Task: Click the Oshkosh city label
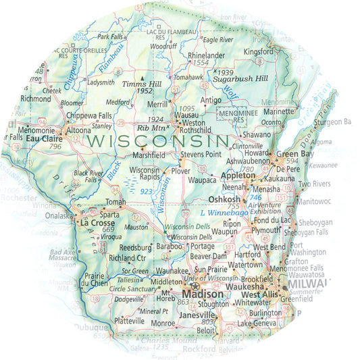tap(223, 200)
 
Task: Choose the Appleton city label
tap(238, 174)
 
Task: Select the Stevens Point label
tap(201, 154)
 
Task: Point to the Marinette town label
tap(280, 111)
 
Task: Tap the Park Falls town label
tap(114, 36)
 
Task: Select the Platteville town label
tap(130, 321)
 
